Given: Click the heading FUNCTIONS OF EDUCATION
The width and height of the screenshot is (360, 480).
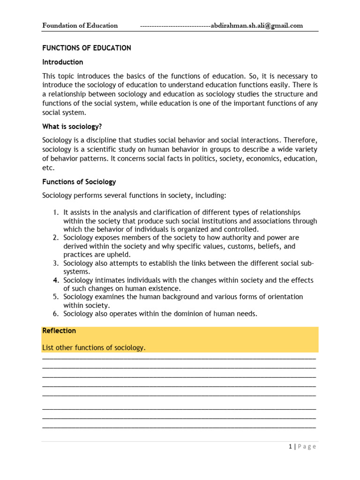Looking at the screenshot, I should coord(87,48).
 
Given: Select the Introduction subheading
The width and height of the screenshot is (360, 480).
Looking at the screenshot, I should coord(63,62).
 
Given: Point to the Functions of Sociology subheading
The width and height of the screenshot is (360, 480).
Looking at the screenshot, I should coord(79,181).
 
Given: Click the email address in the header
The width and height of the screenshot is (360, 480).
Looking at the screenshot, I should coord(257,26).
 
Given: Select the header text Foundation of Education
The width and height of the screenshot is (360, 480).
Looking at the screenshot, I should coord(80,26).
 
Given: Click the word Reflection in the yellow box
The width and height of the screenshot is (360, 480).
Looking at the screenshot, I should coord(59,330).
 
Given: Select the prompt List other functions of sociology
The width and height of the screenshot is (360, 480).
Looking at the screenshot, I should coord(94,347).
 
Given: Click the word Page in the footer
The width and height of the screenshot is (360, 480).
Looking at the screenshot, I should coord(307,446).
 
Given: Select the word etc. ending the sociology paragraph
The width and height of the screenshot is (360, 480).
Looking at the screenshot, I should coord(48,167).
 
